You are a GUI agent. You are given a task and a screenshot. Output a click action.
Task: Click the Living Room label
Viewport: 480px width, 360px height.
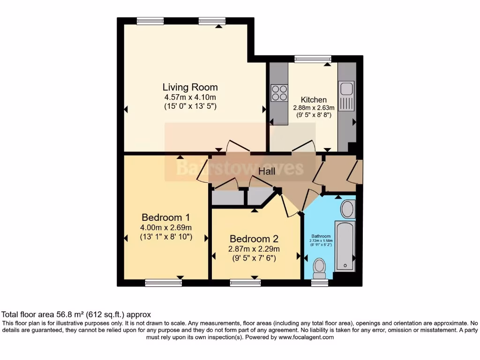(190, 87)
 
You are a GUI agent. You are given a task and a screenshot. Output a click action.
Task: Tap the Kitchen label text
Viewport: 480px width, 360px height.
(314, 99)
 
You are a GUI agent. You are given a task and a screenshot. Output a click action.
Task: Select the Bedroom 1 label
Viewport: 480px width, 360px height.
(165, 217)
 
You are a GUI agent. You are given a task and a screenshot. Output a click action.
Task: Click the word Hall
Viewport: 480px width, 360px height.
(267, 172)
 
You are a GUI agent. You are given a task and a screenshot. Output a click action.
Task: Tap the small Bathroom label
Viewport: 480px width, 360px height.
(322, 236)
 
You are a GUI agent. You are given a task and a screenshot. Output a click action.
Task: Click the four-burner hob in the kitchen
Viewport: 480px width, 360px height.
(279, 93)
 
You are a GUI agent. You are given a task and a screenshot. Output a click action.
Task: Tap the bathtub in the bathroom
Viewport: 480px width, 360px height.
(345, 247)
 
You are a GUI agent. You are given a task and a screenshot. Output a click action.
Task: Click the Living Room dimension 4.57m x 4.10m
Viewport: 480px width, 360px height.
(190, 97)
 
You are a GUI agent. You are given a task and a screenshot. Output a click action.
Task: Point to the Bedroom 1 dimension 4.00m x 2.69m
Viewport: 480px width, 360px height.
(166, 228)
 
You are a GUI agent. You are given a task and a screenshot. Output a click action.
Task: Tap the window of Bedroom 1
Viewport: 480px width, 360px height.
(163, 283)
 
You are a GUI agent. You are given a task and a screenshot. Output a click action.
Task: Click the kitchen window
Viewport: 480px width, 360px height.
(313, 59)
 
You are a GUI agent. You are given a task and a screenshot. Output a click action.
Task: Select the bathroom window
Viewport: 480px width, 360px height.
(320, 283)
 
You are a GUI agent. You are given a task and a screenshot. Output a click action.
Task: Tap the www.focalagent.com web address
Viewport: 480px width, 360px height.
(306, 337)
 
